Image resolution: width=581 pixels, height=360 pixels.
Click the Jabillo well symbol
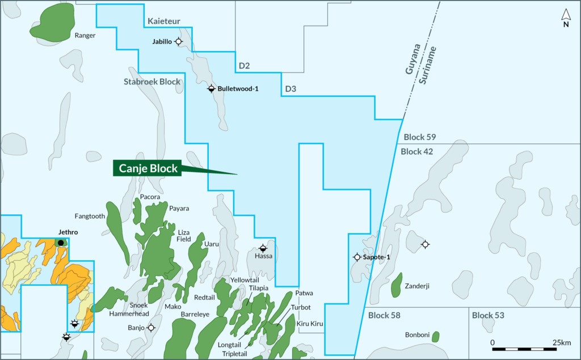(179, 41)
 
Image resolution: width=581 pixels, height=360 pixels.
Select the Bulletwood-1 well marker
(211, 88)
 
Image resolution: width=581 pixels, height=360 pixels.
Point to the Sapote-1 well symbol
(357, 257)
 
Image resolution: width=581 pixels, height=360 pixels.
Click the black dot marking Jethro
(61, 243)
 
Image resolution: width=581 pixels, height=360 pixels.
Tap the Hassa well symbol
(263, 248)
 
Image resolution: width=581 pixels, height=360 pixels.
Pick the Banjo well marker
(151, 328)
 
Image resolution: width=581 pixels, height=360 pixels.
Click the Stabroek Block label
(152, 82)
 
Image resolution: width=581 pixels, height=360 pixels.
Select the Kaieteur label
(164, 22)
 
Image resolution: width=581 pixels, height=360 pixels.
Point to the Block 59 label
(420, 137)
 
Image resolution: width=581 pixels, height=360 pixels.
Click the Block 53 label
(488, 315)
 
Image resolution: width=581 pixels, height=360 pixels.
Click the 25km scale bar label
(561, 342)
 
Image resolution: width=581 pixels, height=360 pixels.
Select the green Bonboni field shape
(435, 337)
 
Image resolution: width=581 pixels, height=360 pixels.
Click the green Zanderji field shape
(397, 285)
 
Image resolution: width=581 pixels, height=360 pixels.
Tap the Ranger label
(85, 35)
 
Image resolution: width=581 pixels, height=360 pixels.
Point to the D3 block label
(290, 89)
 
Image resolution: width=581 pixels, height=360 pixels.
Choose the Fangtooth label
(90, 216)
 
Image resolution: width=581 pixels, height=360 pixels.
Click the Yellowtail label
(245, 280)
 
